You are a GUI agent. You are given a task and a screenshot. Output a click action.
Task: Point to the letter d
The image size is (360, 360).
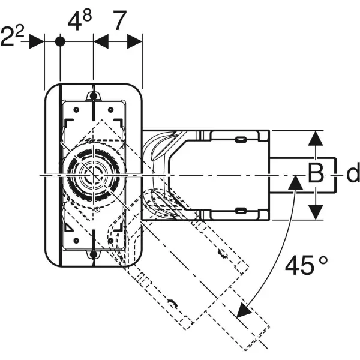click(x=353, y=174)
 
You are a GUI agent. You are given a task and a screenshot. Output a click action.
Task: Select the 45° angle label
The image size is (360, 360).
click(x=305, y=265)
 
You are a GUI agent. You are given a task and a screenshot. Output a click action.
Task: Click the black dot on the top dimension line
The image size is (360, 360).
click(x=60, y=41)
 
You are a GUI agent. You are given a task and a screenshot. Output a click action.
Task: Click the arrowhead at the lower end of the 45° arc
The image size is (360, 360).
click(x=244, y=311)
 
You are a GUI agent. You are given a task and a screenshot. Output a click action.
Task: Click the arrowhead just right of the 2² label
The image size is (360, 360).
click(x=37, y=41)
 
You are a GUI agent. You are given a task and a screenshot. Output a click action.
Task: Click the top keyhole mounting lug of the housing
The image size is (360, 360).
click(x=94, y=97)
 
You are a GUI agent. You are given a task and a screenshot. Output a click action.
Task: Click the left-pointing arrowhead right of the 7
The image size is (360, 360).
click(x=134, y=41)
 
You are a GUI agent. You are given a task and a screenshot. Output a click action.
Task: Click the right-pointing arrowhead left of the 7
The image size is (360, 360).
click(x=101, y=41)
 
